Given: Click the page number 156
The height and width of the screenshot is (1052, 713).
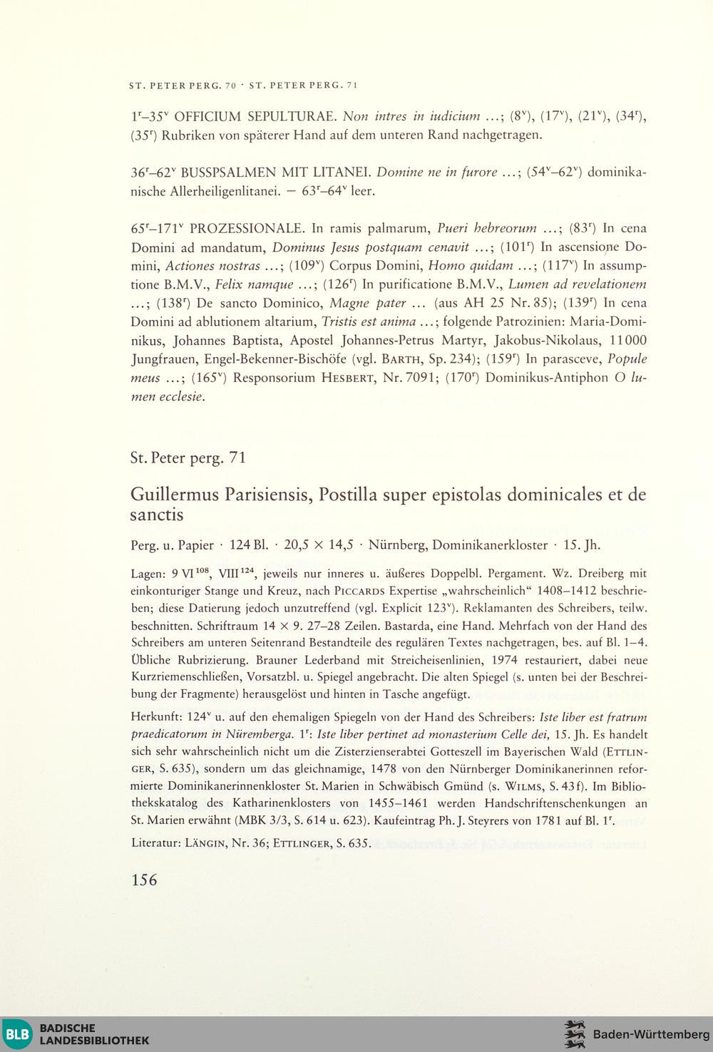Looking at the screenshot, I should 144,880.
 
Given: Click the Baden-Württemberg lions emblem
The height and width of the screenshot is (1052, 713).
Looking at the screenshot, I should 574,1033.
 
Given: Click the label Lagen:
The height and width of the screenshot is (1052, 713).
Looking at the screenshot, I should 148,573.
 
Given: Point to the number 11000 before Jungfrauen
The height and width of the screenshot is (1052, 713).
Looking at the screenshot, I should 629,340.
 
